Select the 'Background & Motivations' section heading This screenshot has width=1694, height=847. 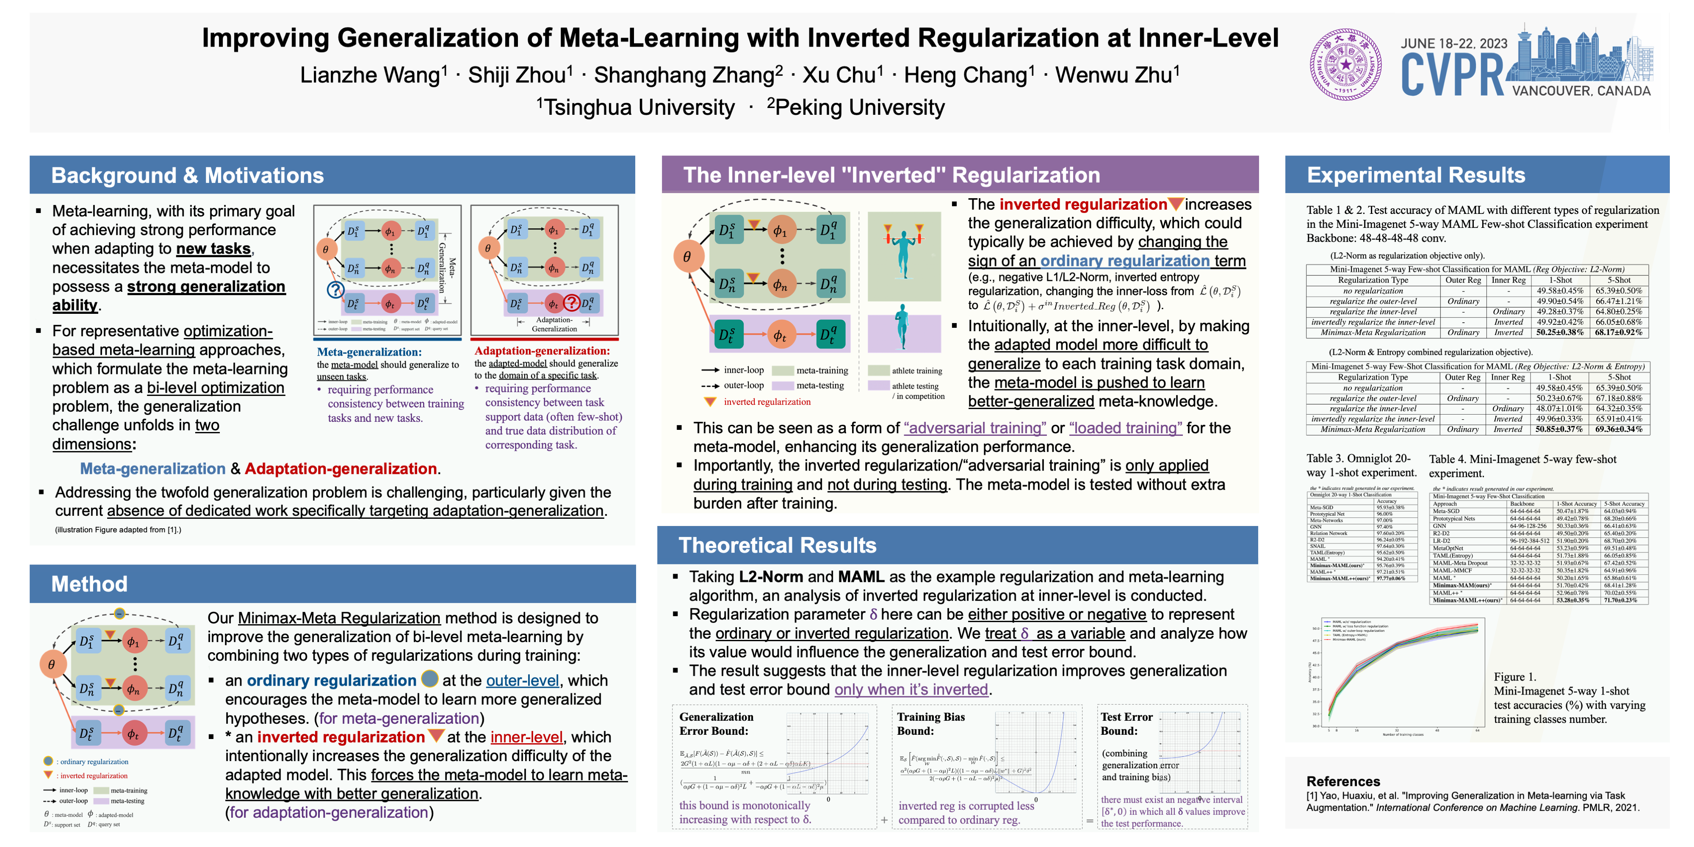click(188, 176)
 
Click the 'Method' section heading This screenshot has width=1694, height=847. click(89, 584)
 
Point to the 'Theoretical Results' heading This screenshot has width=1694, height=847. click(777, 545)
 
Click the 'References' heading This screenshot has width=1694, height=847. click(1343, 781)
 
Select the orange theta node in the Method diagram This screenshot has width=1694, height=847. click(52, 664)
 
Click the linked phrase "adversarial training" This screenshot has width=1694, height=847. click(974, 428)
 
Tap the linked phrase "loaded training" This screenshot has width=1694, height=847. click(1125, 428)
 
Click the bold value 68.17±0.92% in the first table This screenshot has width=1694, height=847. click(1618, 333)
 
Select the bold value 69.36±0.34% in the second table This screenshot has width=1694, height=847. click(1618, 429)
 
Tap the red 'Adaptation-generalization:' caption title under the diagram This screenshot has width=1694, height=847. click(542, 351)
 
